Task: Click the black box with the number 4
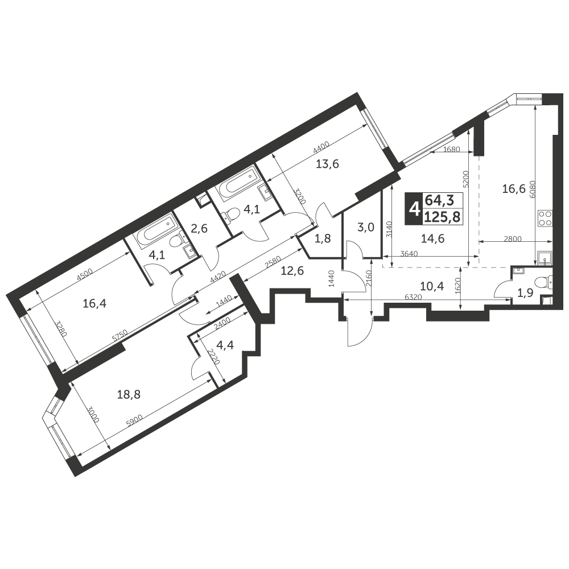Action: pyautogui.click(x=413, y=208)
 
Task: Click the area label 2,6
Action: pyautogui.click(x=199, y=229)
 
